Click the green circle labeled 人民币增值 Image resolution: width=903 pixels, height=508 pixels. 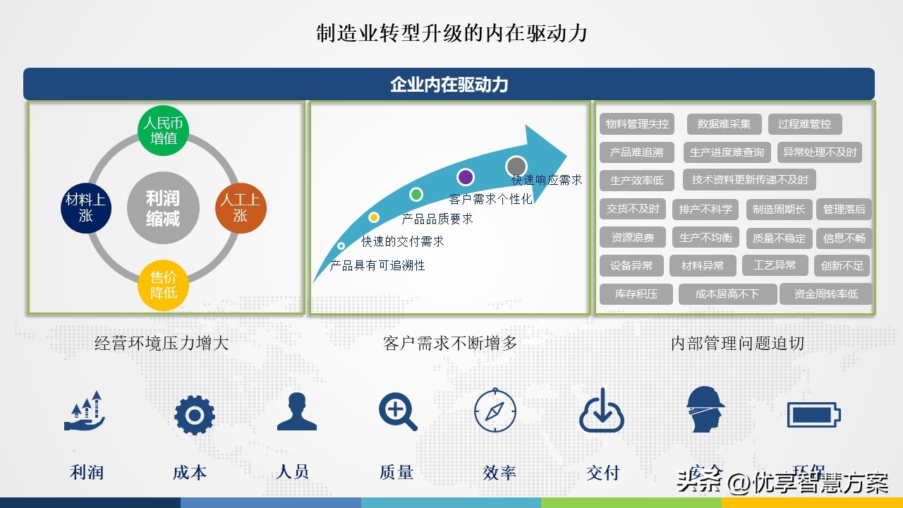tap(163, 131)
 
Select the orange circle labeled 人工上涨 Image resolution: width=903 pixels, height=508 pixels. tap(241, 207)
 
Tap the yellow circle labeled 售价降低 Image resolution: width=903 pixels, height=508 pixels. tap(163, 284)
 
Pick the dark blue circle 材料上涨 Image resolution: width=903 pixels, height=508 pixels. tap(86, 207)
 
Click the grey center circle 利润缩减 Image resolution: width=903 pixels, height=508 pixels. tap(163, 208)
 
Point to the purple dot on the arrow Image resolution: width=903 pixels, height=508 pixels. tap(465, 177)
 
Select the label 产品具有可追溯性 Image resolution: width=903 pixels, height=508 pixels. tap(377, 265)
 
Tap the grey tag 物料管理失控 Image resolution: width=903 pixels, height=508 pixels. tap(637, 124)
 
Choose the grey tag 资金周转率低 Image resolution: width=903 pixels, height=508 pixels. tap(825, 294)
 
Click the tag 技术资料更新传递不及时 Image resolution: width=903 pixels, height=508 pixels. tap(749, 180)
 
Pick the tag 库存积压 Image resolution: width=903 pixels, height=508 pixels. tap(636, 294)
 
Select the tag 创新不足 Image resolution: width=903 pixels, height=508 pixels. tap(842, 266)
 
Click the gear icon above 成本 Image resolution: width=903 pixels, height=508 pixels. tap(194, 415)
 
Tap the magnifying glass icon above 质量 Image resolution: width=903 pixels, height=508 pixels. tap(397, 411)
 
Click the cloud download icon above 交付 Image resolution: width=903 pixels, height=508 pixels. tap(602, 411)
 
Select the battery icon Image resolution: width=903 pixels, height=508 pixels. tap(813, 415)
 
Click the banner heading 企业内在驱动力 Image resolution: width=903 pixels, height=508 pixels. tap(449, 85)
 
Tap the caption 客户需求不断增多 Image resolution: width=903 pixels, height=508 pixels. tap(450, 344)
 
